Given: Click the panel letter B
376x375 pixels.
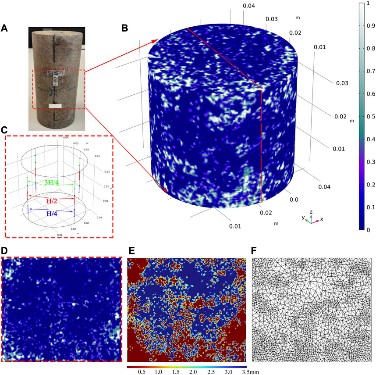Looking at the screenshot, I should [124, 29].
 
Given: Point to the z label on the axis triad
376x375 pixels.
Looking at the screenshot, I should [311, 211].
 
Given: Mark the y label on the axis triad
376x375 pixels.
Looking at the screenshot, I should [302, 217].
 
